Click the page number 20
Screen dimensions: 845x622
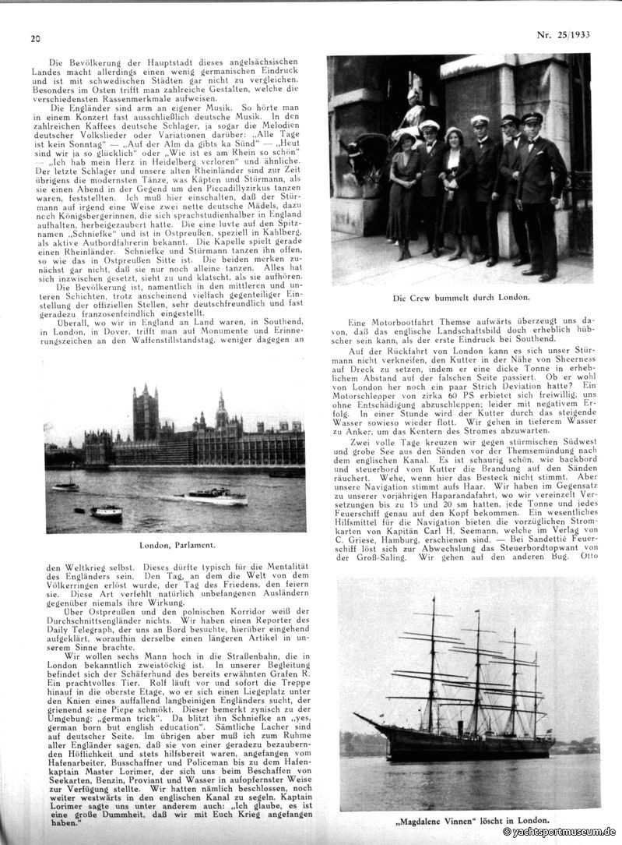pyautogui.click(x=35, y=38)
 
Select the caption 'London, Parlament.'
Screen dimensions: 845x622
pyautogui.click(x=175, y=544)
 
